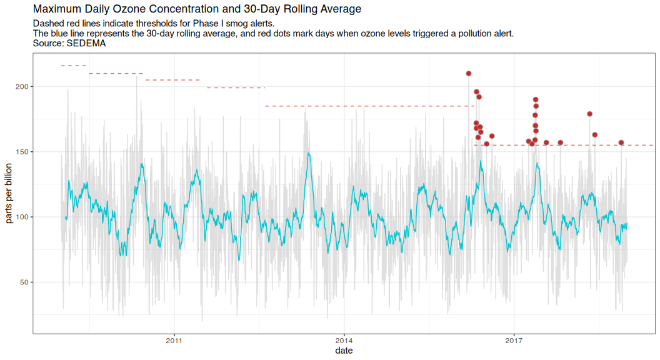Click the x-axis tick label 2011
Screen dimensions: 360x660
click(x=174, y=341)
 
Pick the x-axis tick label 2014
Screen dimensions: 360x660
click(x=344, y=341)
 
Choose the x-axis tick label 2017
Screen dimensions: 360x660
click(x=514, y=341)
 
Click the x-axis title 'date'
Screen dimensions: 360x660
click(x=344, y=351)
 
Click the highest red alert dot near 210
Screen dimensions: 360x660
click(x=469, y=73)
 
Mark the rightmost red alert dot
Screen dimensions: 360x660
click(x=621, y=142)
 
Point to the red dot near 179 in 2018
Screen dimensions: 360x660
click(x=590, y=114)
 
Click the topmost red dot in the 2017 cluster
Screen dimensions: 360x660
click(x=536, y=99)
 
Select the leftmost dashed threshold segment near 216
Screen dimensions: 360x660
click(x=73, y=66)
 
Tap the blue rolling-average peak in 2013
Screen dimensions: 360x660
click(x=309, y=153)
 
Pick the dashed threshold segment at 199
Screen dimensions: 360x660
click(x=236, y=88)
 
